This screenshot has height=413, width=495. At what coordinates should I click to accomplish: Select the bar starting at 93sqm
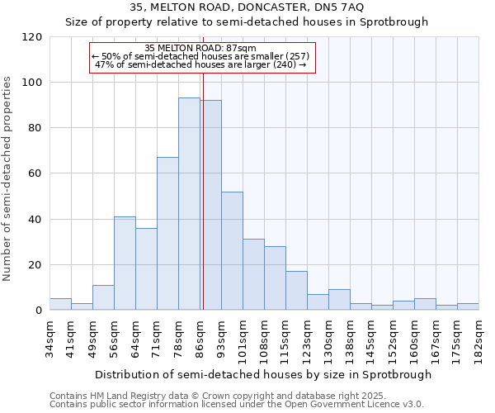232,251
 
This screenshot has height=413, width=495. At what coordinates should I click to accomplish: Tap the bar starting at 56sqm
125,263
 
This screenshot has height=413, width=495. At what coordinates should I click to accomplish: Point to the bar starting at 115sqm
296,291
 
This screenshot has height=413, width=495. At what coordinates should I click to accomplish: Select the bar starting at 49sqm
103,297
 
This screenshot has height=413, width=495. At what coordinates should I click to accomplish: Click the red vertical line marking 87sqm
202,198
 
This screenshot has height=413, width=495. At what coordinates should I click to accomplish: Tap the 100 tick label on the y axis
32,83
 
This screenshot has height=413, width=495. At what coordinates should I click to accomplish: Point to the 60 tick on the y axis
35,174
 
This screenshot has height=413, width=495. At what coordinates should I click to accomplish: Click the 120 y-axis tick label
32,37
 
